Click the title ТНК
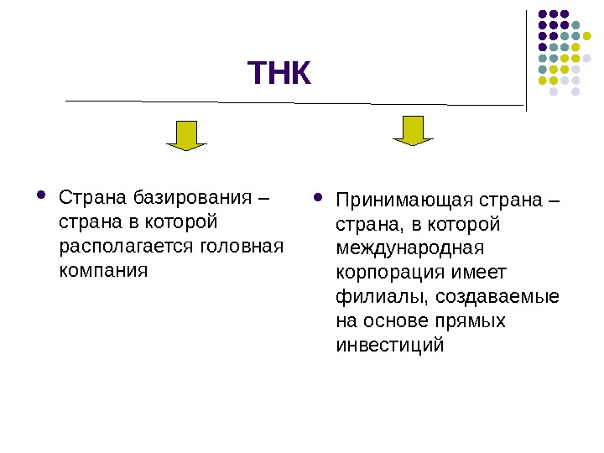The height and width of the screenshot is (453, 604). pyautogui.click(x=279, y=74)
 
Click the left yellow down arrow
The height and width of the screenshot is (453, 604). pyautogui.click(x=186, y=135)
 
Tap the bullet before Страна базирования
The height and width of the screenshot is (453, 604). pyautogui.click(x=41, y=198)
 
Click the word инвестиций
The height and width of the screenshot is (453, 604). pyautogui.click(x=388, y=346)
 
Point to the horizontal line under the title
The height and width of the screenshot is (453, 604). pyautogui.click(x=294, y=102)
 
